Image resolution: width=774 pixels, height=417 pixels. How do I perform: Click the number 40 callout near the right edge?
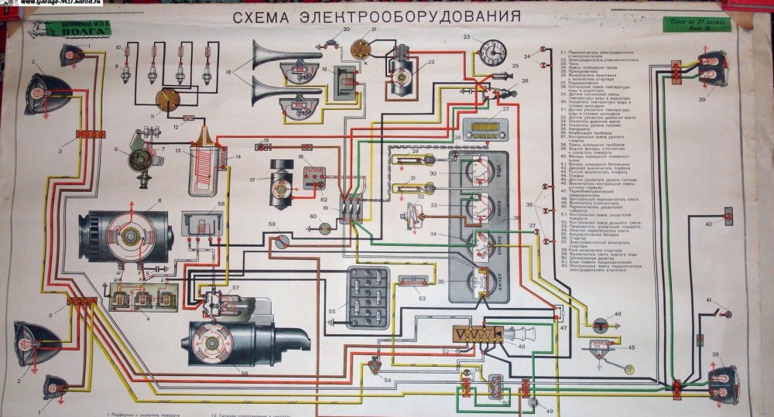point(708,224)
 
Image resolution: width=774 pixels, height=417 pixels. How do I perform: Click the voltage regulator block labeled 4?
point(143,298)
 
